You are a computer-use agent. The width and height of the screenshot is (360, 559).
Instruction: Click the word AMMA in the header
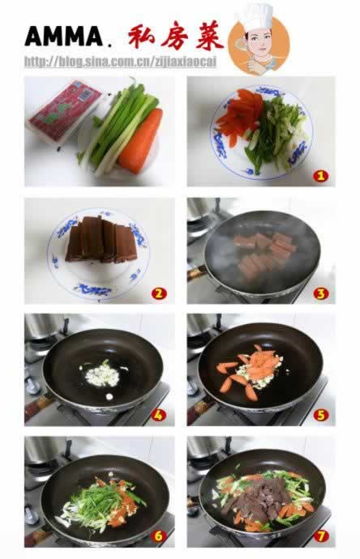point(64,36)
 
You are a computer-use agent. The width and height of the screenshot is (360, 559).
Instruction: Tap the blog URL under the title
point(120,62)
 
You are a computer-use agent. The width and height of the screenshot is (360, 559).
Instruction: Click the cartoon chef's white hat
point(255,16)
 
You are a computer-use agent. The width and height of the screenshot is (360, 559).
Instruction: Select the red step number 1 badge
point(320,176)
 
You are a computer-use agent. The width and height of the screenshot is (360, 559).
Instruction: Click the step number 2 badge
point(158,293)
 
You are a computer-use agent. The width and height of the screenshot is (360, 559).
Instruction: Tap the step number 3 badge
point(320,293)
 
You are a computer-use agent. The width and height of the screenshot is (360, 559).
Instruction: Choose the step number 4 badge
point(158,415)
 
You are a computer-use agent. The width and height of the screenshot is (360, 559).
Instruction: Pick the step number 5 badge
point(320,415)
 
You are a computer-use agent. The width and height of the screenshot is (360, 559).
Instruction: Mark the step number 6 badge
point(158,536)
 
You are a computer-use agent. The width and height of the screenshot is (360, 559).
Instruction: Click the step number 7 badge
point(320,536)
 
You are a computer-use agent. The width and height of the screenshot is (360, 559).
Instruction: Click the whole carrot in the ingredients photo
point(140,141)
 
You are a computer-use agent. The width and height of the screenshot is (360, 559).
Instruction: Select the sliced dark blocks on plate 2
point(101,239)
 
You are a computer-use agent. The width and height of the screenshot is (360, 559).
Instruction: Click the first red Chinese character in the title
point(141,36)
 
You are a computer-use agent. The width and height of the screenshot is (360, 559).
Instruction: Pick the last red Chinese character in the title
point(210,36)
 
